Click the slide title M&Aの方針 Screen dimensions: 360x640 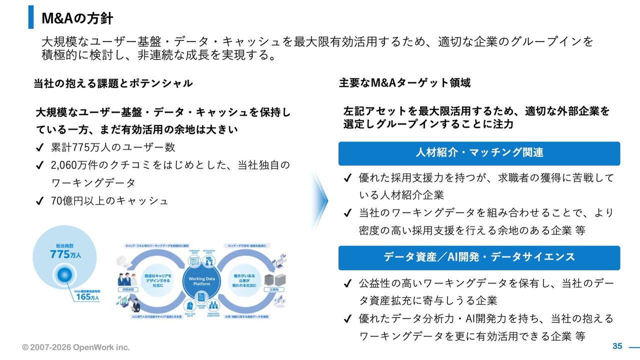coord(77,18)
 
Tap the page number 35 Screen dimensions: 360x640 coord(617,346)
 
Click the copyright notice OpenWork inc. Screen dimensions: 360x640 coord(75,347)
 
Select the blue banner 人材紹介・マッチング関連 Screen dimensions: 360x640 coord(479,153)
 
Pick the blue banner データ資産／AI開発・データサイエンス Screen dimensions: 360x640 coord(479,257)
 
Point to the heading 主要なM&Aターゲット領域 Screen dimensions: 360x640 coord(404,83)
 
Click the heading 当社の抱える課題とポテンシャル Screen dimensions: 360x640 coord(113,83)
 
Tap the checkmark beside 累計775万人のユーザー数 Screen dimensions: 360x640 coord(40,147)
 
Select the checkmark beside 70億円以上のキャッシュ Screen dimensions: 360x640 coord(40,201)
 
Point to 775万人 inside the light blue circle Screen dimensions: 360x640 coord(65,253)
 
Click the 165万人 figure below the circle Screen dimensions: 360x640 coord(87,297)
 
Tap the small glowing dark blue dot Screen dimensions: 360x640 coord(66,274)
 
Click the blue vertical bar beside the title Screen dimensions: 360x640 coord(31,17)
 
